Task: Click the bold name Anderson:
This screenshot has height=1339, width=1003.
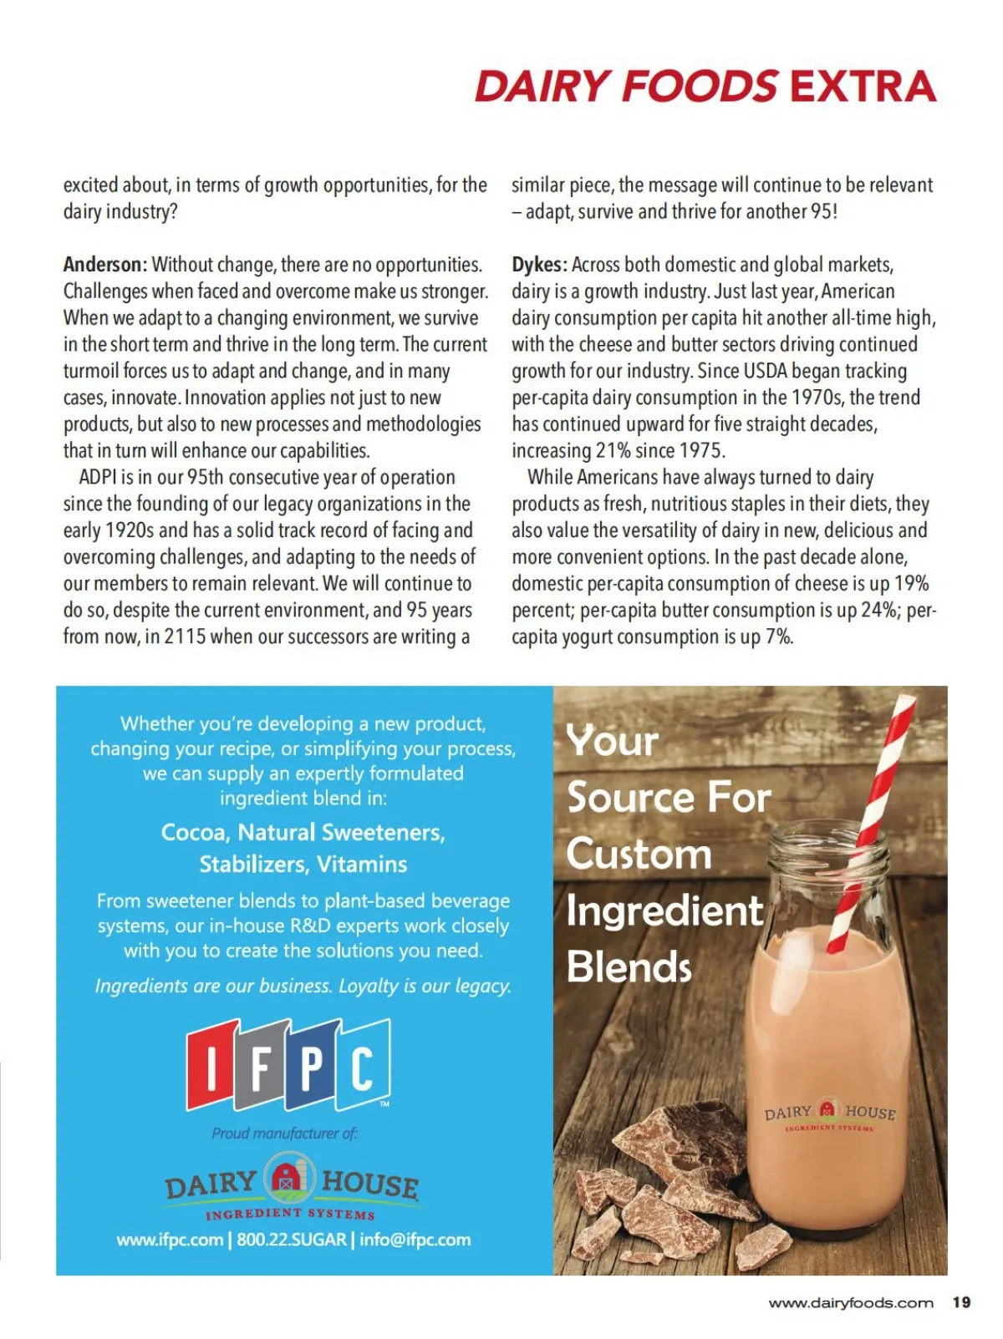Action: click(x=105, y=265)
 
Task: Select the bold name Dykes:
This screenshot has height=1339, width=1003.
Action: click(x=539, y=265)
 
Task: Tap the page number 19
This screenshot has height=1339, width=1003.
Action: click(x=961, y=1302)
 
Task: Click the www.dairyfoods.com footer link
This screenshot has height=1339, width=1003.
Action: click(x=850, y=1303)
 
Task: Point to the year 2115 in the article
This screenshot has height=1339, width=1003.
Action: click(x=185, y=637)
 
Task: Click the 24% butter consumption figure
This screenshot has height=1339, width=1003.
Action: click(x=878, y=610)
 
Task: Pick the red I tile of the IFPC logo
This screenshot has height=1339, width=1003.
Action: click(x=212, y=1066)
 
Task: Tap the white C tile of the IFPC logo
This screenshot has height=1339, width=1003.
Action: click(x=362, y=1066)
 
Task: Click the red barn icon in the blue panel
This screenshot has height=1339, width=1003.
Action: click(x=289, y=1177)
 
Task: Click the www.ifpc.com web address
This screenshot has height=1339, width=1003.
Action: click(x=170, y=1240)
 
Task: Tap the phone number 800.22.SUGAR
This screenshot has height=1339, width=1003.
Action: click(x=292, y=1240)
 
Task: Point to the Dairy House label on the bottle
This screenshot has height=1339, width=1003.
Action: click(x=829, y=1113)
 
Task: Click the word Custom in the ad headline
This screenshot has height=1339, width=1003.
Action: click(x=639, y=855)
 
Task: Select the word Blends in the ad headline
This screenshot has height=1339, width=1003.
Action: click(x=629, y=967)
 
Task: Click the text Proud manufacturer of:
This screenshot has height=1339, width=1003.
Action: click(x=284, y=1134)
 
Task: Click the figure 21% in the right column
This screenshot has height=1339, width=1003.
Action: click(x=613, y=451)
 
